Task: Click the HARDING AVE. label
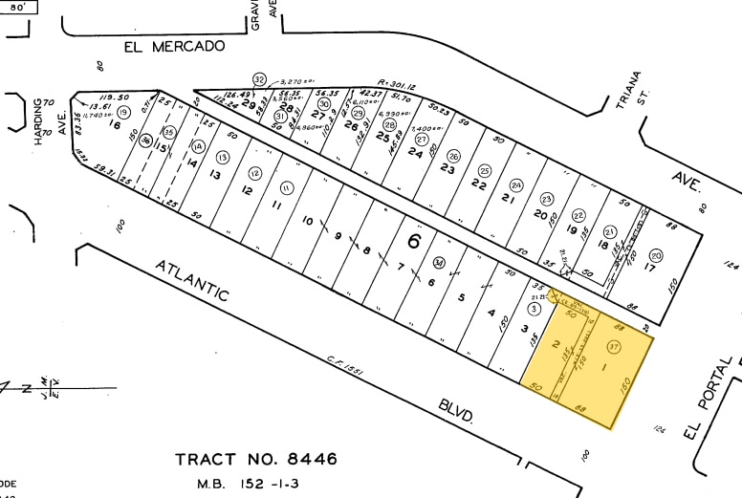coord(44,121)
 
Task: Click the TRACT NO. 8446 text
coord(256,459)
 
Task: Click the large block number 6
coord(413,241)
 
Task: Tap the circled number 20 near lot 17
coord(655,255)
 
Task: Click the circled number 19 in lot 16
coord(124,113)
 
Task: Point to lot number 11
coord(277,205)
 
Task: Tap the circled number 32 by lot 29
coord(259,78)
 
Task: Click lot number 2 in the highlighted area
coord(555,345)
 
